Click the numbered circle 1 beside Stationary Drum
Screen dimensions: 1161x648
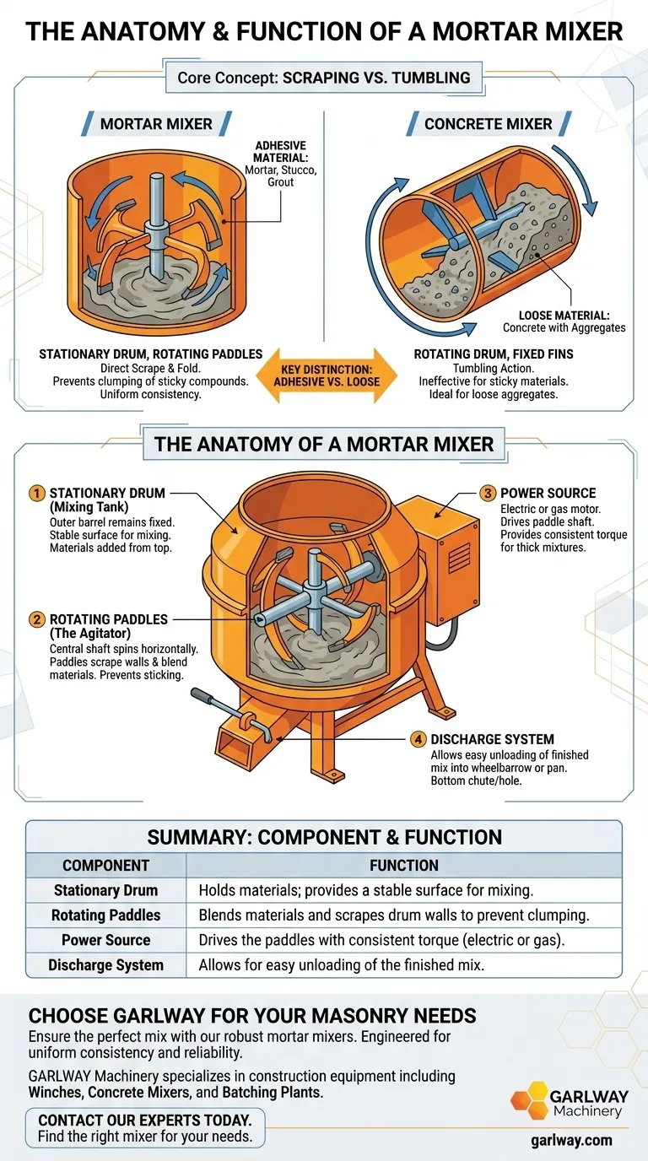[x=37, y=493]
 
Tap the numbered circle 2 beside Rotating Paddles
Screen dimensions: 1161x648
[x=37, y=619]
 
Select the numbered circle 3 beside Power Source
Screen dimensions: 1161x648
[x=488, y=493]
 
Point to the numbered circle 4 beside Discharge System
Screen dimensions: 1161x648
[x=418, y=739]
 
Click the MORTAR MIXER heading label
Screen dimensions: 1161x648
[x=156, y=124]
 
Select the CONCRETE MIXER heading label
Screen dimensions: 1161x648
[x=488, y=124]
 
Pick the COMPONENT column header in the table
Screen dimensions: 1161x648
[x=105, y=865]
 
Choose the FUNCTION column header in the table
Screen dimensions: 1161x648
[x=403, y=865]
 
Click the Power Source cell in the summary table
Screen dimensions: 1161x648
[x=105, y=940]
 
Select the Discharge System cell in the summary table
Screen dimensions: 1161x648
[x=105, y=964]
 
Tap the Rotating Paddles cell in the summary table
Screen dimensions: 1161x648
[x=105, y=915]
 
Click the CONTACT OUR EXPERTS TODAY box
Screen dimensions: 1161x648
[x=145, y=1128]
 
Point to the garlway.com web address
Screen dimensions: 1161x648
[x=571, y=1140]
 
